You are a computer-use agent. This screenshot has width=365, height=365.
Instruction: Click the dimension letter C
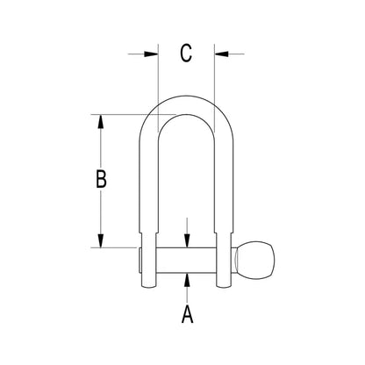186,54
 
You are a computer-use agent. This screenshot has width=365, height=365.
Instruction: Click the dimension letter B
101,178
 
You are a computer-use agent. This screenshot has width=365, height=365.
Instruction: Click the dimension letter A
187,314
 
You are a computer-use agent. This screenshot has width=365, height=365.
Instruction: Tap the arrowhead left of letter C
152,54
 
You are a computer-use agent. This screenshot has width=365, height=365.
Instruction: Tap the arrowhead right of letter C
221,54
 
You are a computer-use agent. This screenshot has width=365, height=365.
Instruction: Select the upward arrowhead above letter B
101,121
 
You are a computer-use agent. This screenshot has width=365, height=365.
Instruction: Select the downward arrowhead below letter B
101,240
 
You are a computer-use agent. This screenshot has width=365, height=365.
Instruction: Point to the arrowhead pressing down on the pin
187,240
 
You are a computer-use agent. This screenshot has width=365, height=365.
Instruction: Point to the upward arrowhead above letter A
187,281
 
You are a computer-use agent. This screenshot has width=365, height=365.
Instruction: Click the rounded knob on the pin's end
255,261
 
